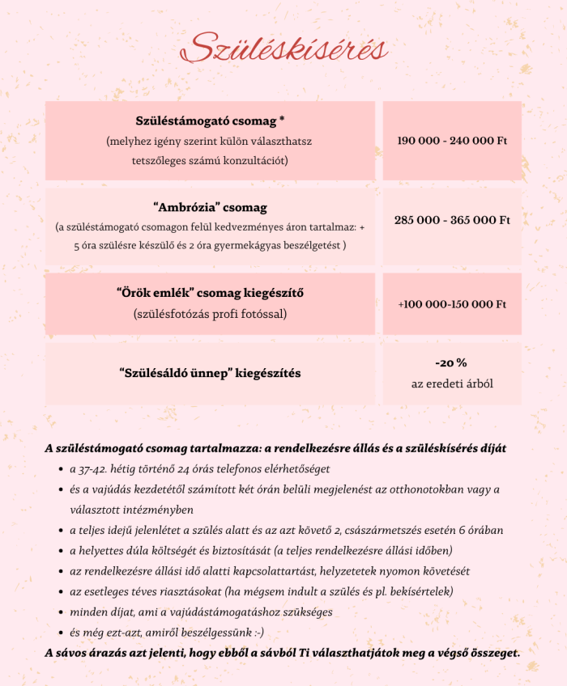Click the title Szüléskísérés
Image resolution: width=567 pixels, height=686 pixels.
284,49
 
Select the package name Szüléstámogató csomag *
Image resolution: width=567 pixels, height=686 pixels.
210,121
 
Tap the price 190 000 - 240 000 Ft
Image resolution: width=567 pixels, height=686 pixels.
452,141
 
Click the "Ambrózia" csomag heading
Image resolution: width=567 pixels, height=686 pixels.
210,208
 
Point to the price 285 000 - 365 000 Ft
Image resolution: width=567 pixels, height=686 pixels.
452,220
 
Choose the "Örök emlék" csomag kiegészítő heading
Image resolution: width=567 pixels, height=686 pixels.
210,292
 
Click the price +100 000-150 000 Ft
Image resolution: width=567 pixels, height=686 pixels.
452,304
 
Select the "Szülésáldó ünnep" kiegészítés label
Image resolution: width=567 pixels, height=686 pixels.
210,374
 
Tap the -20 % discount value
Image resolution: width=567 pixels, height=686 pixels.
451,363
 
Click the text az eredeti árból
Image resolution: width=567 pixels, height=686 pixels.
451,383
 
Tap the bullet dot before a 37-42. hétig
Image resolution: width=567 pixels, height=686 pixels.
62,469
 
